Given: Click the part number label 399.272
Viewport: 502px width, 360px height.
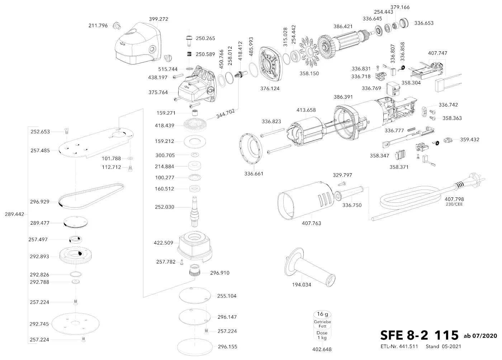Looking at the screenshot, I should coord(158,19).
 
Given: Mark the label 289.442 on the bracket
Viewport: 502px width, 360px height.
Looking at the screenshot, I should coord(14,214).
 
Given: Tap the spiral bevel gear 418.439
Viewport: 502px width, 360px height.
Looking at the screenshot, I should coord(194,125).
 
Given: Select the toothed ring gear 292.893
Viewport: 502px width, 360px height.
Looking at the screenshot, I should coord(77,256).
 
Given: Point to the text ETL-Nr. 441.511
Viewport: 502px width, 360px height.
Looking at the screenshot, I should coord(399,346).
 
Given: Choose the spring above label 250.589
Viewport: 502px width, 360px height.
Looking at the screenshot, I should coord(189,54).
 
